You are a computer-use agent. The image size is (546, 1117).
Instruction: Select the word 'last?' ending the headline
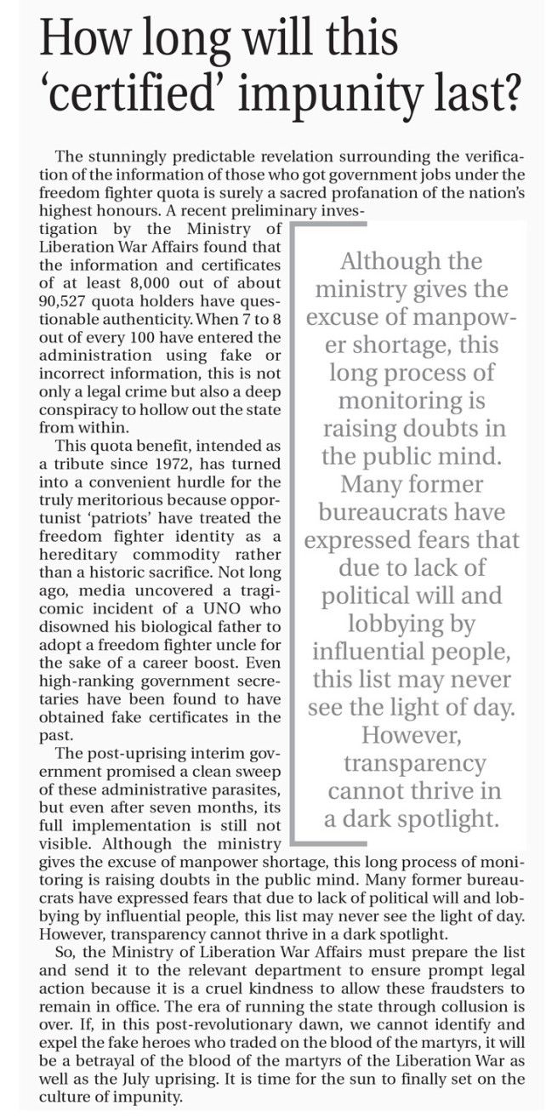coord(480,98)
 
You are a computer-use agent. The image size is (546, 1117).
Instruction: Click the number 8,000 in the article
coord(146,285)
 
